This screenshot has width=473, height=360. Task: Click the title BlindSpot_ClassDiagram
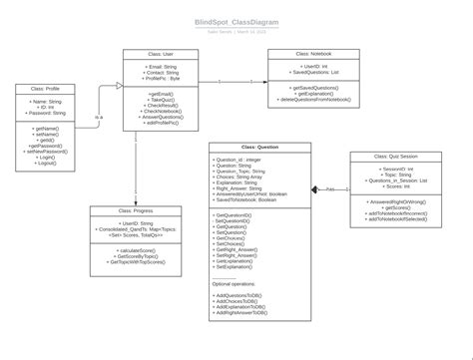pos(236,22)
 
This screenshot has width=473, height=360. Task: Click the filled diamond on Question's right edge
pos(315,187)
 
